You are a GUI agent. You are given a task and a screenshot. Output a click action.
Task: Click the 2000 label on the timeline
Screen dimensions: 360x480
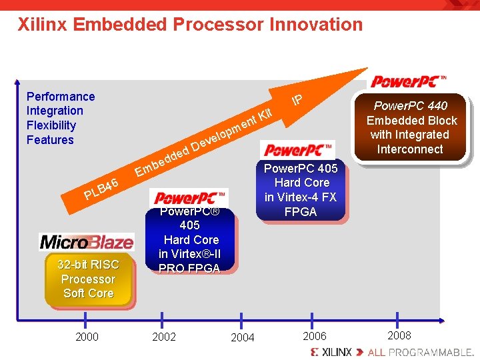[x=87, y=337]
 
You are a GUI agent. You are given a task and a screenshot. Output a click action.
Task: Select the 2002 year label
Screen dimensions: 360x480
[x=164, y=337]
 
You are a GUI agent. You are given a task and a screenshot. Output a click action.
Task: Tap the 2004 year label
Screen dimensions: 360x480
[x=242, y=337]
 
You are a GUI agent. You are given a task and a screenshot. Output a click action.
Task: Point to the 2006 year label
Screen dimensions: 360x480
[x=315, y=336]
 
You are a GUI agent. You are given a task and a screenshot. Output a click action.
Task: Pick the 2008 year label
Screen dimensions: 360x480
[x=399, y=335]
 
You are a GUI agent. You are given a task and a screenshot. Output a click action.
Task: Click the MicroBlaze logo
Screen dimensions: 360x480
[x=87, y=241]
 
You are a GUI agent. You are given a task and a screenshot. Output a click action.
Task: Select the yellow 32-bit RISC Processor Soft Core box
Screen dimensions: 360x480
[x=88, y=279]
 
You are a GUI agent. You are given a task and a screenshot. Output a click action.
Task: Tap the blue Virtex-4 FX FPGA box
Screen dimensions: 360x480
[x=301, y=190]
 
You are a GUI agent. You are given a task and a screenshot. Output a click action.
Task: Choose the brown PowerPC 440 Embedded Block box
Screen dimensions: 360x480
[x=411, y=127]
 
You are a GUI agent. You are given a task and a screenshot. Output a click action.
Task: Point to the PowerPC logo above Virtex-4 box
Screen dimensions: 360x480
[x=298, y=149]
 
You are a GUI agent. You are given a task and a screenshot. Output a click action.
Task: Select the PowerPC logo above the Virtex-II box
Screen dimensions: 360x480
[x=190, y=198]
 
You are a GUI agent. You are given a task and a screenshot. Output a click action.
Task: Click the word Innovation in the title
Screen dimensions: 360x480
[x=316, y=25]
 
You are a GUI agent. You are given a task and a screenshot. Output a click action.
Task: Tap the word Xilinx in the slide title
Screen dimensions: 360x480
[x=43, y=25]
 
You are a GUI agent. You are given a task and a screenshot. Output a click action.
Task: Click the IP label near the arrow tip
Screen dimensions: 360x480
[x=297, y=100]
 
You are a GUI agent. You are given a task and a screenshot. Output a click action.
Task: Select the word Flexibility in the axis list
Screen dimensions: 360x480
[x=51, y=125]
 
